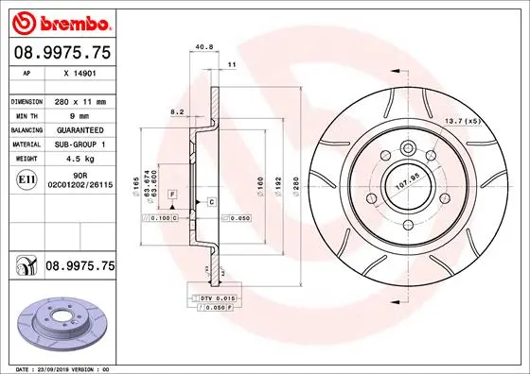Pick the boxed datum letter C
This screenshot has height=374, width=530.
(212, 202)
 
